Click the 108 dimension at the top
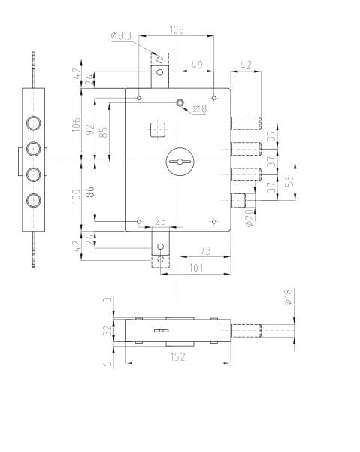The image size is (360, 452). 177,30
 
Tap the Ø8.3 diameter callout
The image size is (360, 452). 121,36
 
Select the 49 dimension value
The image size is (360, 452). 197,65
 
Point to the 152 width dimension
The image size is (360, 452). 177,357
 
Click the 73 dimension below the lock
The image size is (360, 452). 205,250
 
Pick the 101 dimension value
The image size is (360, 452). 196,268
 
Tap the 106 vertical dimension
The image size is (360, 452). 77,125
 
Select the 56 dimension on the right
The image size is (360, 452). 289,180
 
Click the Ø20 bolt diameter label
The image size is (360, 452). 250,218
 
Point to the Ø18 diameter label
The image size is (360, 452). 289,297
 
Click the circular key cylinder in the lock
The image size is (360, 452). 180,162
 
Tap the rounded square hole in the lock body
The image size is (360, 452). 158,129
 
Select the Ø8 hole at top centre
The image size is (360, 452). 180,102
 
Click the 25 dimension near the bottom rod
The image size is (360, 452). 160,221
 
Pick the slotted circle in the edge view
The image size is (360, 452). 34,200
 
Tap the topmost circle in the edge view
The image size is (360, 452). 34,123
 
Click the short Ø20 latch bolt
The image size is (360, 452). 238,201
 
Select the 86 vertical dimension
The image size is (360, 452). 90,192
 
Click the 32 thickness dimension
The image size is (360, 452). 107,330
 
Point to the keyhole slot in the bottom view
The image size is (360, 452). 161,331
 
